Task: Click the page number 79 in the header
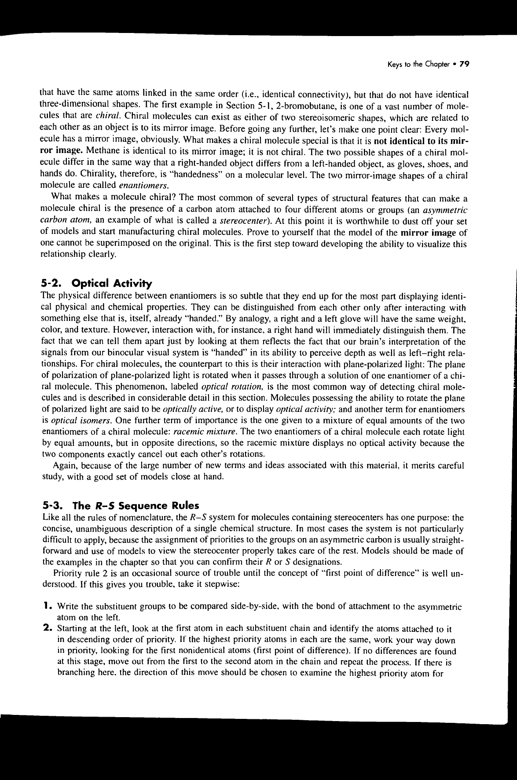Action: pos(465,64)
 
